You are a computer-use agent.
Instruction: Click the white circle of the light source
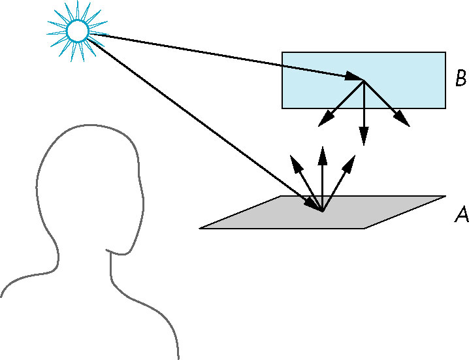pos(78,31)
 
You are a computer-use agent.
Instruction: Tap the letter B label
pos(461,78)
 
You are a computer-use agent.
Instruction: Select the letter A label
pos(462,214)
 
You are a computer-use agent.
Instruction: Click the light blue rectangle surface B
pos(364,80)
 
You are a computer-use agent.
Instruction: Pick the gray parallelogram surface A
pos(323,212)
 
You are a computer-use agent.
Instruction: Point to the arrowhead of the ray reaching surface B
pos(354,76)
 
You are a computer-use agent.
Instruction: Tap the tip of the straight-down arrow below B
pos(364,146)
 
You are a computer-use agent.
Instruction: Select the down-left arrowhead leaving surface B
pos(325,119)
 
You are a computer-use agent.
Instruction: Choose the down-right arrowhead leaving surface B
pos(402,119)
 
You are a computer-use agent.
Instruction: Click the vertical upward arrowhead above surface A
pos(323,155)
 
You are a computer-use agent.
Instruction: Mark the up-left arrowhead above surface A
pos(295,164)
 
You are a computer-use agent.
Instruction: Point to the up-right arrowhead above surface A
pos(349,164)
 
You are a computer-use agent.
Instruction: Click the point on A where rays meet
pos(323,211)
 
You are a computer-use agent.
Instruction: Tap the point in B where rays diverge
pos(364,80)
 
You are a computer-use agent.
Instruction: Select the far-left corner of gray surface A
pos(199,228)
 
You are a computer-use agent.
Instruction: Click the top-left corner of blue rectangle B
pos(282,52)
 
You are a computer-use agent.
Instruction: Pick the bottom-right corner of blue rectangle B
pos(445,108)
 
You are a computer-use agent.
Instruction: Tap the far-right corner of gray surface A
pos(446,196)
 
